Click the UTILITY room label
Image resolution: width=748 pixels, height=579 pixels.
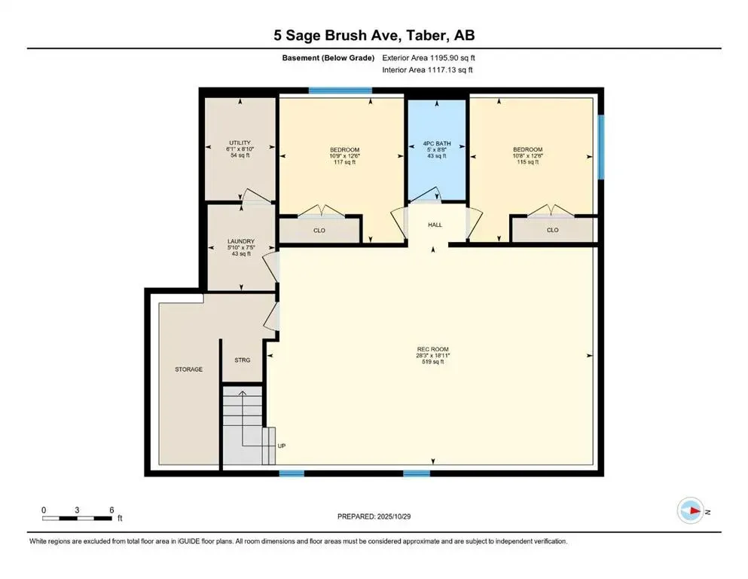tap(240, 142)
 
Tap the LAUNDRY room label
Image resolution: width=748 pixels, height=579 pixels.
tap(241, 242)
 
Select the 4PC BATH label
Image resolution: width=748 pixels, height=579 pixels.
tap(435, 142)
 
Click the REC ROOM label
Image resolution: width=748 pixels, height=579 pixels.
tap(432, 349)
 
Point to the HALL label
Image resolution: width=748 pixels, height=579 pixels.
tap(435, 225)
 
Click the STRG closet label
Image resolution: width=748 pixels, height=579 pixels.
tap(242, 360)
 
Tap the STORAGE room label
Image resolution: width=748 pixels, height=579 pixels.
tap(188, 369)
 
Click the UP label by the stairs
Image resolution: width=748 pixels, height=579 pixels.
tap(282, 446)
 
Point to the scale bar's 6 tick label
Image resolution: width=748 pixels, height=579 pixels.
tap(111, 510)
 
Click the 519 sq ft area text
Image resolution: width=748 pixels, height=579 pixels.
tap(432, 362)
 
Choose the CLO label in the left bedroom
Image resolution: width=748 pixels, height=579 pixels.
tap(319, 230)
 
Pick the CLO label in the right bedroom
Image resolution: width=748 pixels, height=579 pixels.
tap(552, 230)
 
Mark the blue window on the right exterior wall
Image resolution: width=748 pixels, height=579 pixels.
tap(600, 146)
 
